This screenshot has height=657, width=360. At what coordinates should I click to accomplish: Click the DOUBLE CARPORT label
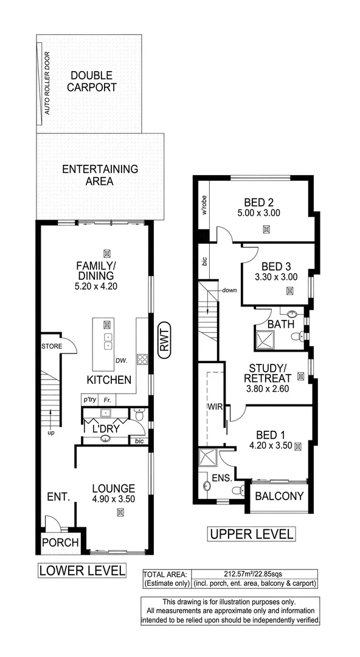(91, 81)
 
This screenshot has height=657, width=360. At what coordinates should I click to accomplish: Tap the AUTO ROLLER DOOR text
(47, 84)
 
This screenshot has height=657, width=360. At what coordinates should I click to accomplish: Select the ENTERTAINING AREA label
(100, 175)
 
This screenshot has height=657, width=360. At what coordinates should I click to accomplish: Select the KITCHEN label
(109, 380)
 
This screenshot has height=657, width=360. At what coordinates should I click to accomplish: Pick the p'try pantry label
(90, 400)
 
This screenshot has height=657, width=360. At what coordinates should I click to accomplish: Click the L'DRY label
(105, 429)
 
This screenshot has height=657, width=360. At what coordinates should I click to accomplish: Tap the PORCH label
(60, 542)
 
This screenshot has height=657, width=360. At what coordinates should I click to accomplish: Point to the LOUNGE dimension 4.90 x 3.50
(113, 499)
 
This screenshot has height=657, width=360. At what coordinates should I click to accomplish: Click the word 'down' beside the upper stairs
(229, 290)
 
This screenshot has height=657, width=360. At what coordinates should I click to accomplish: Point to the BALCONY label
(279, 496)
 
